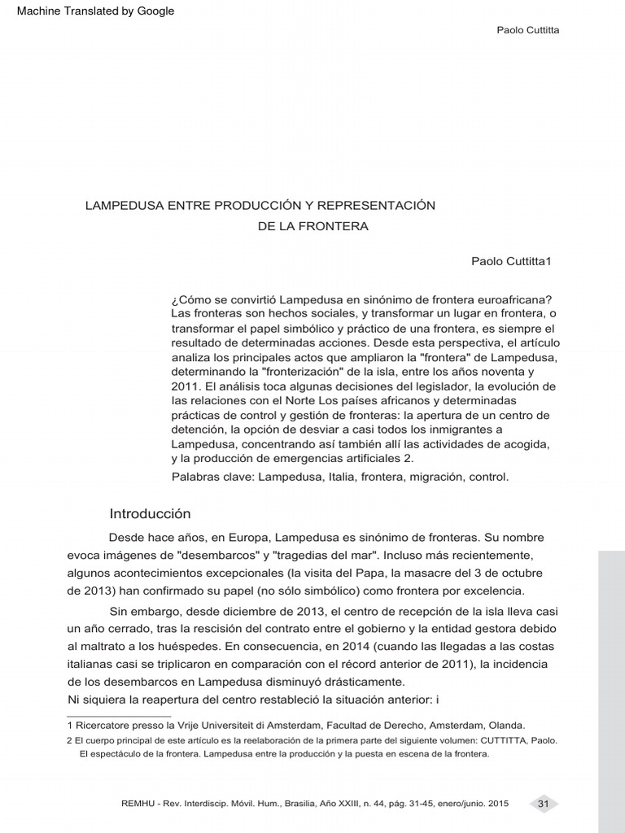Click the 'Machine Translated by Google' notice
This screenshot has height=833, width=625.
[95, 11]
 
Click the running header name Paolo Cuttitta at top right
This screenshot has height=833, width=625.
[527, 30]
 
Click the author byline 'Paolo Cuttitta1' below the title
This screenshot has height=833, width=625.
[511, 261]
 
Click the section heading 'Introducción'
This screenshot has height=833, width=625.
[150, 513]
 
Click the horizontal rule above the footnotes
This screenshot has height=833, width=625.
[118, 717]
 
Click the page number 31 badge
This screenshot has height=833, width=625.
[544, 804]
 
